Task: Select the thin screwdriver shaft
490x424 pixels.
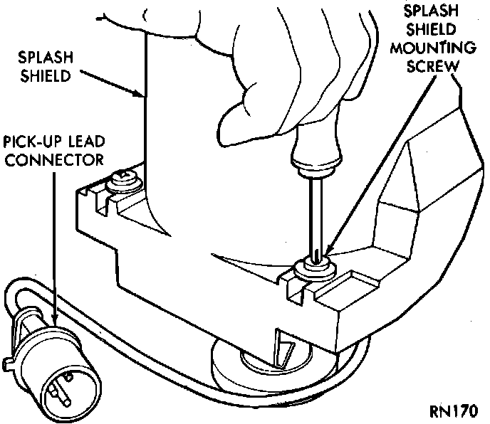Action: pos(313,213)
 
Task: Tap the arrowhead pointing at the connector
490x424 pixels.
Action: pos(56,322)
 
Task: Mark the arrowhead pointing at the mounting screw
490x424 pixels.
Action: pos(329,251)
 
